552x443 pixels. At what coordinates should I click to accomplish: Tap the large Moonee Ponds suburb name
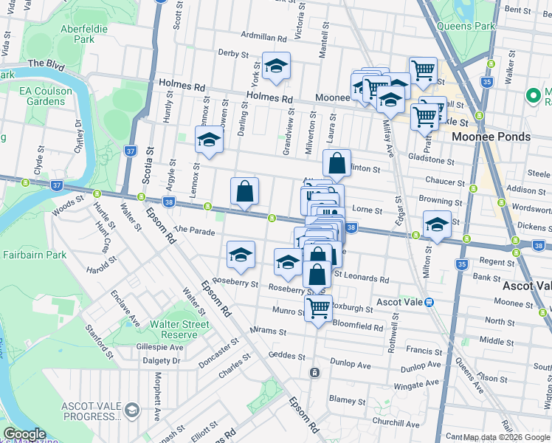pyautogui.click(x=491, y=137)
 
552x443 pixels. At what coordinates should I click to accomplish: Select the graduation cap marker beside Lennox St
pyautogui.click(x=210, y=140)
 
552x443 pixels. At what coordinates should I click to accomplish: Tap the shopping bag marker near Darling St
pyautogui.click(x=245, y=191)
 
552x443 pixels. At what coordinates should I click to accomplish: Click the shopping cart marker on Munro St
pyautogui.click(x=318, y=308)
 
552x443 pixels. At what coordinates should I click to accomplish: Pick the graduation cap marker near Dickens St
pyautogui.click(x=437, y=225)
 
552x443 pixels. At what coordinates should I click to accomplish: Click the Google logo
pyautogui.click(x=24, y=434)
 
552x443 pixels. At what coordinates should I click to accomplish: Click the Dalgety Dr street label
pyautogui.click(x=161, y=360)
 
